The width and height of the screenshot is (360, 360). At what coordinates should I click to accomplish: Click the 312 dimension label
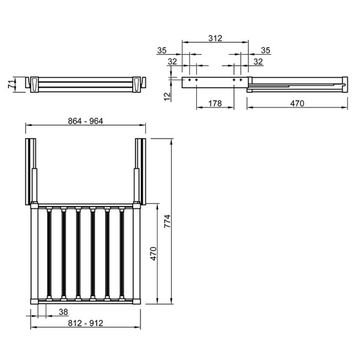click(x=215, y=38)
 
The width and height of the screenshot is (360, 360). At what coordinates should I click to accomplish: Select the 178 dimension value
click(x=215, y=103)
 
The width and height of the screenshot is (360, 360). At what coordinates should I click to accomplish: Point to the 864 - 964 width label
click(x=85, y=121)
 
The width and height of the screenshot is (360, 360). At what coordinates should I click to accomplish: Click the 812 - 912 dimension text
click(x=85, y=323)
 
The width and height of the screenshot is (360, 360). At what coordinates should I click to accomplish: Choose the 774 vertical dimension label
click(x=167, y=221)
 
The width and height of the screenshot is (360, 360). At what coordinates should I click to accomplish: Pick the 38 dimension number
click(x=64, y=312)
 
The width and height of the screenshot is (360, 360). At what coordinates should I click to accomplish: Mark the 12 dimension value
click(x=167, y=97)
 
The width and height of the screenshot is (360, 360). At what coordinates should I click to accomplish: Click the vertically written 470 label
click(x=153, y=253)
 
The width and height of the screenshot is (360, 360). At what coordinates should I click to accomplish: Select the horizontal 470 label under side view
click(x=297, y=103)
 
